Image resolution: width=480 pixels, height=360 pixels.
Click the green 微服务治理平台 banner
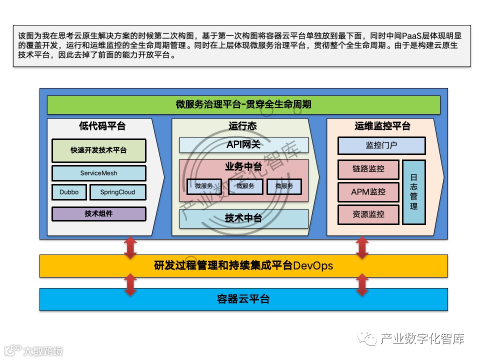coord(243,104)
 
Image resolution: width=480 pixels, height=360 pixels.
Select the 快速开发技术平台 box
coord(99,150)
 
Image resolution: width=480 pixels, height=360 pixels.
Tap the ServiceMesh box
coord(99,173)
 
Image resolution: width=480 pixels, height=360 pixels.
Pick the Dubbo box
coord(69,192)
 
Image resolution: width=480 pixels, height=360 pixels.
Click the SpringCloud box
coord(117,192)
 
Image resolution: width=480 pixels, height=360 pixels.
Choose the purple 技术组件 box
coord(99,213)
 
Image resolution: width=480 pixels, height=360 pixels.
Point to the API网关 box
coord(243,144)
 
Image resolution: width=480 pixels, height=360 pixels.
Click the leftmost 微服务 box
coord(204,186)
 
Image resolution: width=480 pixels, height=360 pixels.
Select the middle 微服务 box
coord(245,186)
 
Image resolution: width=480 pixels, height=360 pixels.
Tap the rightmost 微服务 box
coord(284,186)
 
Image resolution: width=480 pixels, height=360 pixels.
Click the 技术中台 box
coord(243,218)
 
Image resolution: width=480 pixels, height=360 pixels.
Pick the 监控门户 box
coord(381,145)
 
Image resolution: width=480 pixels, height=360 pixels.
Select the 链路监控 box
coord(368,169)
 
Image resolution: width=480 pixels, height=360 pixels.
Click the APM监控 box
coord(368,191)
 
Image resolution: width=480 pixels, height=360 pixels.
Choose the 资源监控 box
coord(368,214)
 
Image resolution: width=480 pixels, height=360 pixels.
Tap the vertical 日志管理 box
coord(413,192)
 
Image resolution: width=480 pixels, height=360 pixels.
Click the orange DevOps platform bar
coord(243,265)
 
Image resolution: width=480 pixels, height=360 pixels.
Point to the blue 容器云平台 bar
coord(243,299)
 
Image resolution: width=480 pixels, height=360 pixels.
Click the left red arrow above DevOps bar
coord(130,247)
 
